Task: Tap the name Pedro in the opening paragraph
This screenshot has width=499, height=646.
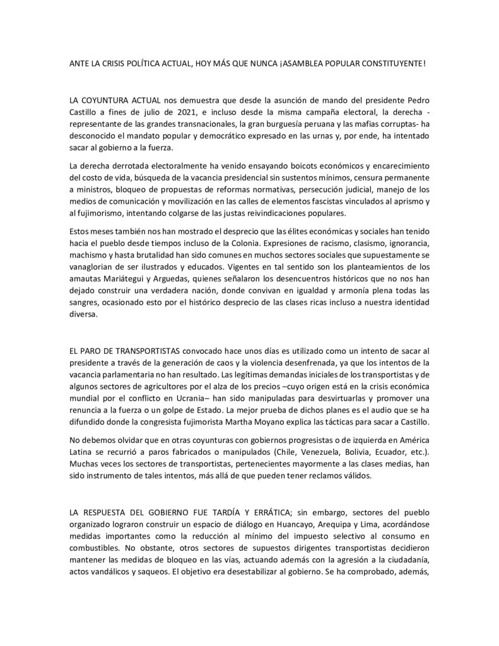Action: pos(419,100)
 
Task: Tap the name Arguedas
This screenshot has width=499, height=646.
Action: pos(168,278)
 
